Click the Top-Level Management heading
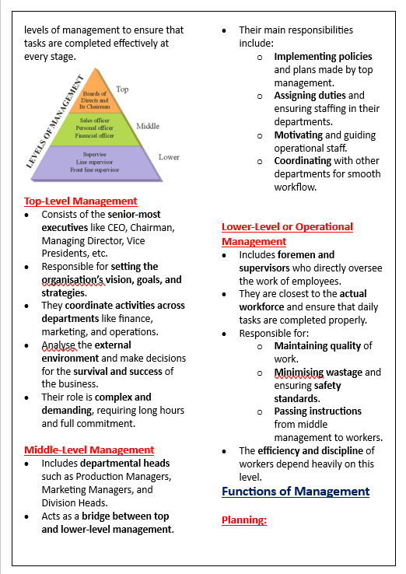[80, 201]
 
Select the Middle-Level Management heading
[89, 450]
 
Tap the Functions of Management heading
[296, 492]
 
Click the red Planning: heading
[243, 520]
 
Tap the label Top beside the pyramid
[122, 89]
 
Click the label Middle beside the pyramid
[148, 126]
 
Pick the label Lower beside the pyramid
[169, 157]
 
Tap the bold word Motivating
[298, 135]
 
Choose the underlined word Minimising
[299, 373]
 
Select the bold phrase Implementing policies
[323, 56]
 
